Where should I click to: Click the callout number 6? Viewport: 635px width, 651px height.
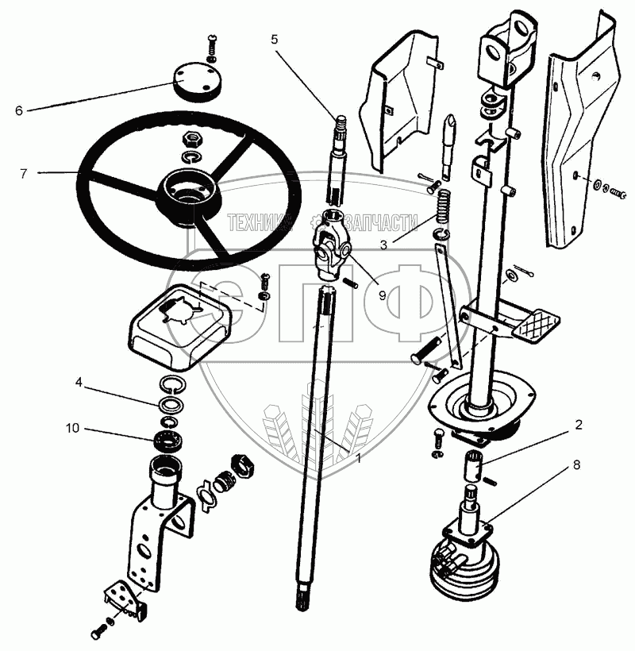tap(18, 110)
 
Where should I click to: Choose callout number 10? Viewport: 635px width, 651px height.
tap(71, 430)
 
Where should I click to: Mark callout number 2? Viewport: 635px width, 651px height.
tap(579, 425)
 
